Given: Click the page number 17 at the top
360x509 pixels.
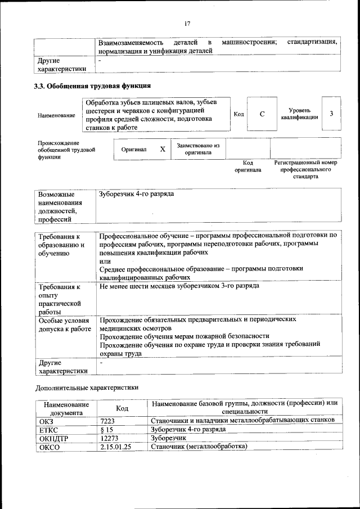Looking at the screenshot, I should tap(187, 24).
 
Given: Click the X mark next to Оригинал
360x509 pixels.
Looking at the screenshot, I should tap(163, 149).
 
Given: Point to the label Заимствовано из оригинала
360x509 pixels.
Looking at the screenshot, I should tap(197, 148).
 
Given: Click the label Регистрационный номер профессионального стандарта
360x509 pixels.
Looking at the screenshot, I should tap(305, 169).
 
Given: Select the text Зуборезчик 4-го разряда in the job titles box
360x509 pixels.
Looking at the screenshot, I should tap(136, 194).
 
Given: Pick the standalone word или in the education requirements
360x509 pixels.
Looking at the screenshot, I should tap(105, 261).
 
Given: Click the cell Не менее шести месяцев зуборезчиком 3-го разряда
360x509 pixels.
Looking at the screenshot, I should tap(179, 286).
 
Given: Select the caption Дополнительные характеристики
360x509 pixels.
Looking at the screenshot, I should tap(87, 388).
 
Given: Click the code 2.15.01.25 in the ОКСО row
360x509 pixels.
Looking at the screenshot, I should tap(115, 447).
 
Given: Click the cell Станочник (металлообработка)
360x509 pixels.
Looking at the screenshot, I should tap(199, 447).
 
